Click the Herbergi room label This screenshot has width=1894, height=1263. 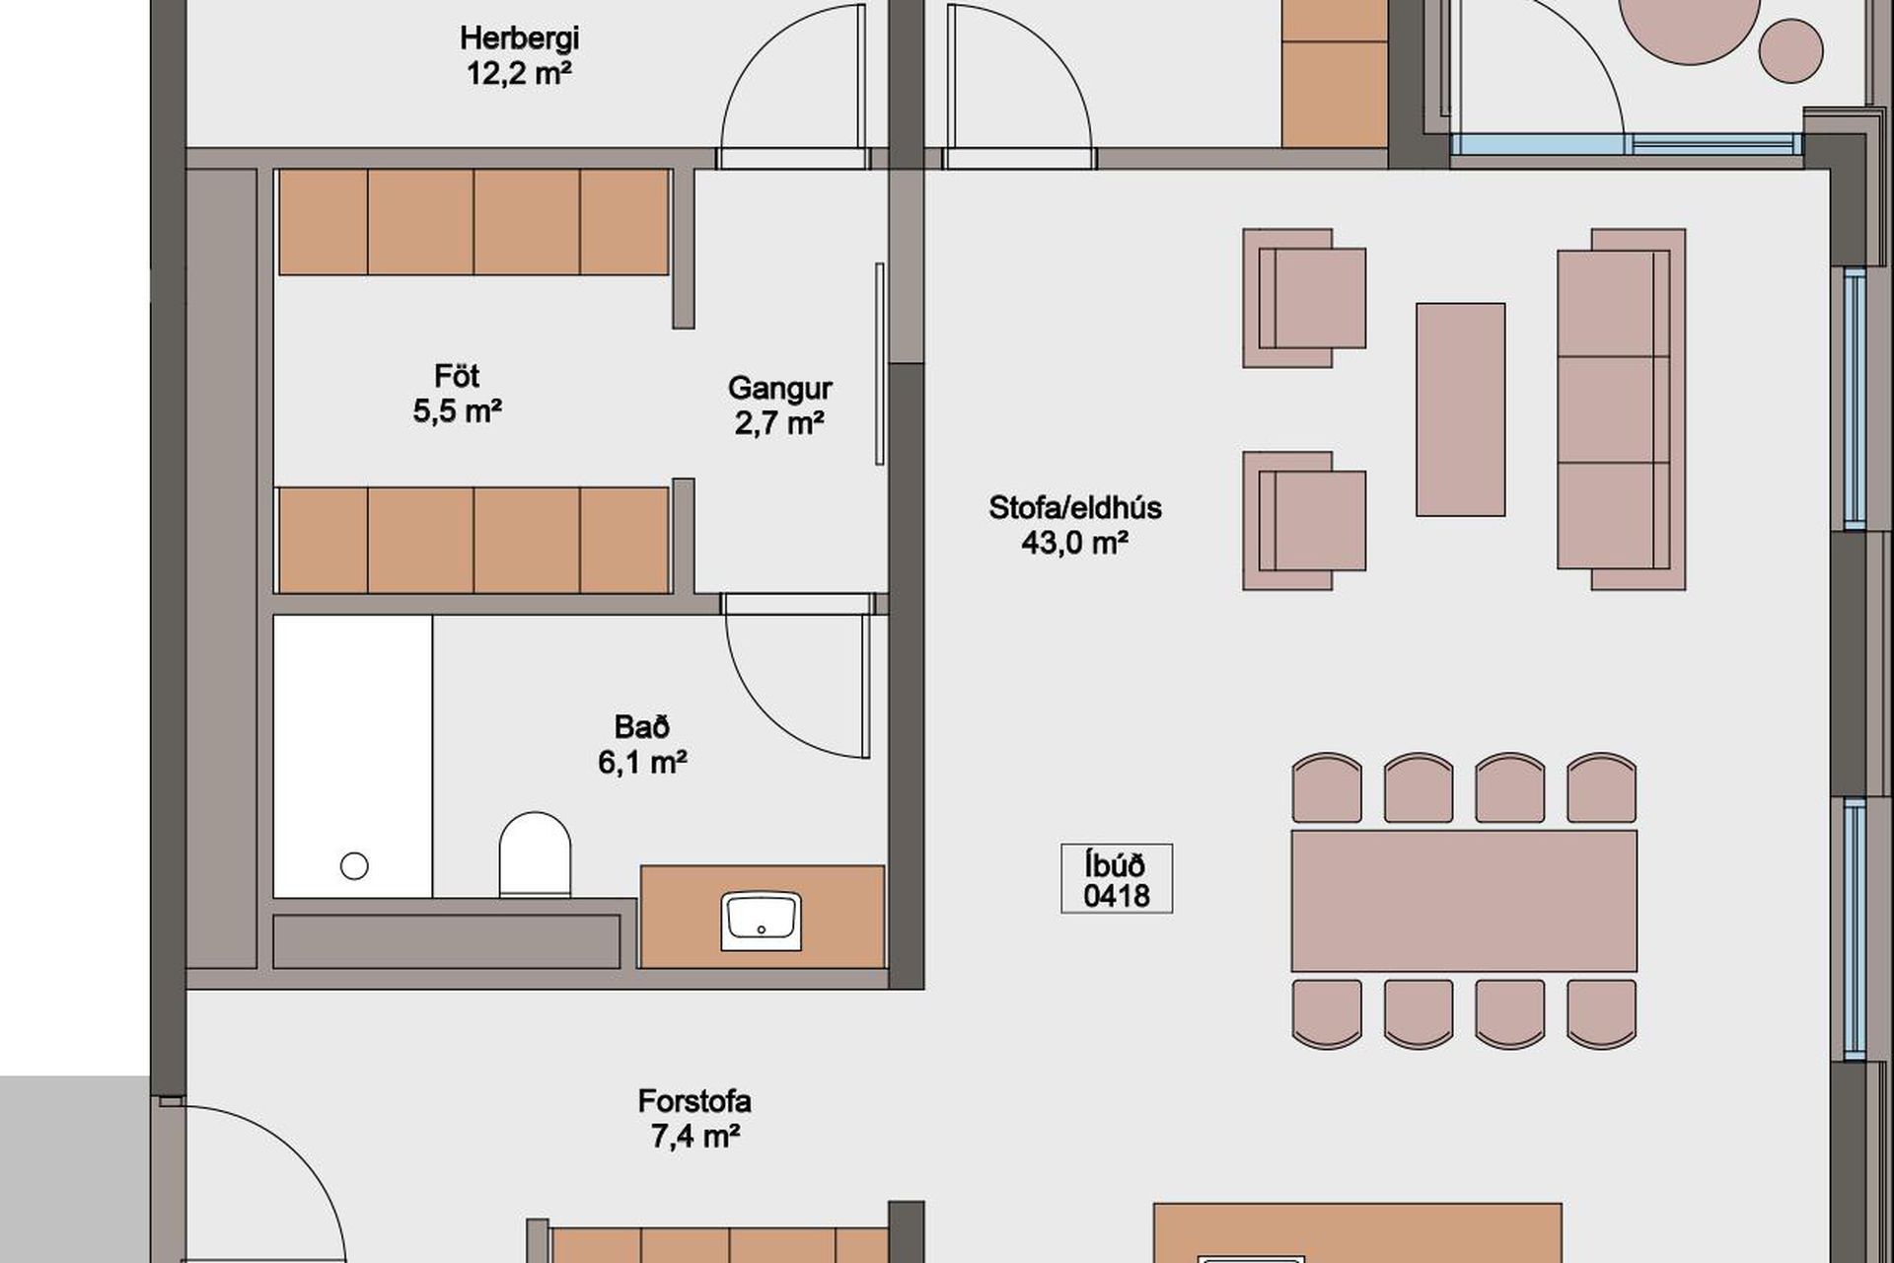[x=519, y=38]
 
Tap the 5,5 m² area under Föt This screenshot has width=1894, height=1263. [x=458, y=410]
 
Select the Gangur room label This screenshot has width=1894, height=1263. [x=779, y=388]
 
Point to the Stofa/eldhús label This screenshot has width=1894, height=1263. [x=1075, y=508]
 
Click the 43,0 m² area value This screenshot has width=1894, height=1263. [x=1075, y=543]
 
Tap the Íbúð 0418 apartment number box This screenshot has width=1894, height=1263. [x=1117, y=878]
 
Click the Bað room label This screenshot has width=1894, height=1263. [x=642, y=727]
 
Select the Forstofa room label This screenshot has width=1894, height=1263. [x=694, y=1100]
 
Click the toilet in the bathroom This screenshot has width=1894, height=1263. [x=536, y=854]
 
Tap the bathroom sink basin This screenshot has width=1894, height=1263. [x=761, y=921]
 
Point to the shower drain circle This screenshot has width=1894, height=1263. [x=354, y=866]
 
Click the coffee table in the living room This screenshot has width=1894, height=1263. [x=1461, y=409]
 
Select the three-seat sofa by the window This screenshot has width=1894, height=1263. [x=1621, y=409]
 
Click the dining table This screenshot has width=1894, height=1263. [x=1464, y=901]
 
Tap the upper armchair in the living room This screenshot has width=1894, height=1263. [x=1304, y=298]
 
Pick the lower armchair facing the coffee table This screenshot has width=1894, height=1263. [x=1304, y=521]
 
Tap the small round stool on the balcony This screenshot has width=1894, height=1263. [x=1791, y=50]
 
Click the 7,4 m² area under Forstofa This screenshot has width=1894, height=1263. [x=694, y=1136]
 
